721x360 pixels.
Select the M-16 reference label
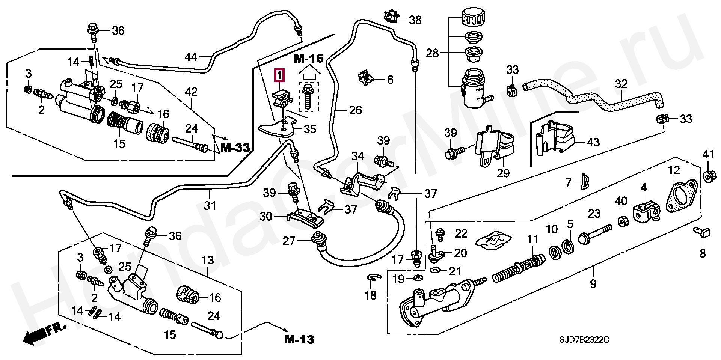pos(308,59)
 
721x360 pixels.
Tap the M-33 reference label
pos(235,148)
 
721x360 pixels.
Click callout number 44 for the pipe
pos(191,57)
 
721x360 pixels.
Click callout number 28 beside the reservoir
pos(433,53)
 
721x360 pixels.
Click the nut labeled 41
pos(707,177)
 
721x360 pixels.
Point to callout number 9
pos(593,283)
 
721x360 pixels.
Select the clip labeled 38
pos(389,17)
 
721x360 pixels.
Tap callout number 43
pos(593,142)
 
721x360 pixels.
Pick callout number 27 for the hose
pos(289,241)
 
